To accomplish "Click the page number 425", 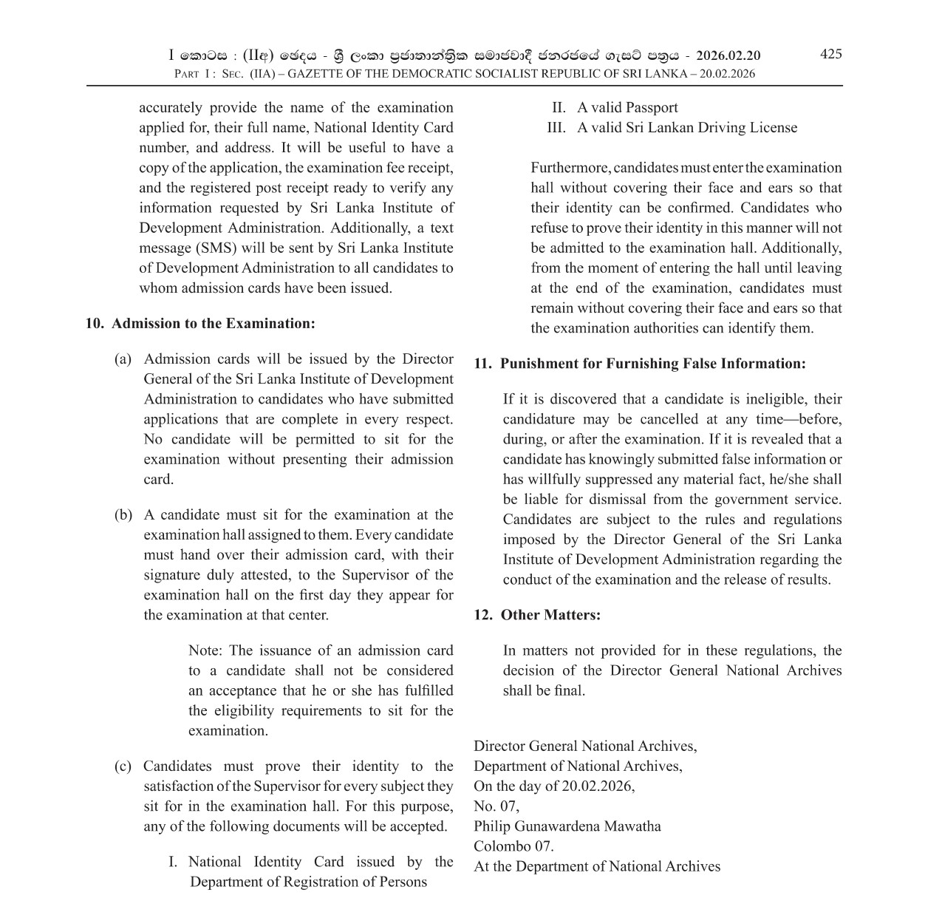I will pos(830,54).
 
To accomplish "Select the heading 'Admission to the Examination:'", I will pos(213,324).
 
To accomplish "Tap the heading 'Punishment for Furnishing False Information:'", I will pos(652,364).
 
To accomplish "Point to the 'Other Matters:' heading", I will pos(550,615).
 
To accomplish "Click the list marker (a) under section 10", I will pos(123,359).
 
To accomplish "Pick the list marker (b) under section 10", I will pos(123,515).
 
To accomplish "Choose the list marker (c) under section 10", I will pos(123,766).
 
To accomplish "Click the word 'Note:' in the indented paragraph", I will pos(205,651).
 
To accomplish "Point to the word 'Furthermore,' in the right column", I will pos(570,169).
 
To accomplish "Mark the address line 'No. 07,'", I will pos(496,806).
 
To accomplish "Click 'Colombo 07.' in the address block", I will pos(513,846).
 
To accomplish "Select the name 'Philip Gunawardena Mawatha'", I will pos(567,826).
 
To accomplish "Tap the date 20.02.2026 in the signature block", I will pos(597,786).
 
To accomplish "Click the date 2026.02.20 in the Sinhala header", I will pos(728,56).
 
